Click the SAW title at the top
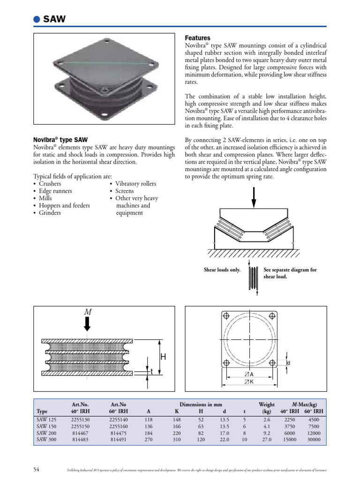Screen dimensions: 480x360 [x=54, y=19]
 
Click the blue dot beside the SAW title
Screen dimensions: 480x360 [x=37, y=19]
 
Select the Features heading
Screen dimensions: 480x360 [x=198, y=37]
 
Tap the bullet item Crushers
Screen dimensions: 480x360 [x=50, y=184]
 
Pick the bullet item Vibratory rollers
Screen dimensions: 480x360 [x=135, y=184]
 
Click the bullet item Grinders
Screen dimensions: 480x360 [x=50, y=213]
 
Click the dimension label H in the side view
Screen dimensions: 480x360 [x=163, y=357]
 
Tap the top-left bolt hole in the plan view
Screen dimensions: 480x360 [x=226, y=315]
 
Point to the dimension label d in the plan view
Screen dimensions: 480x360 [x=288, y=363]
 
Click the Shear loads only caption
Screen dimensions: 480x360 [x=222, y=270]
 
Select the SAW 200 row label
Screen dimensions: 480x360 [x=45, y=434]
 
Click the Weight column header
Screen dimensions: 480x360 [x=267, y=404]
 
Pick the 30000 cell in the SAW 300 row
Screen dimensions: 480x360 [x=314, y=441]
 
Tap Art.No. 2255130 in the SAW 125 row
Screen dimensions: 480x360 [x=80, y=420]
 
